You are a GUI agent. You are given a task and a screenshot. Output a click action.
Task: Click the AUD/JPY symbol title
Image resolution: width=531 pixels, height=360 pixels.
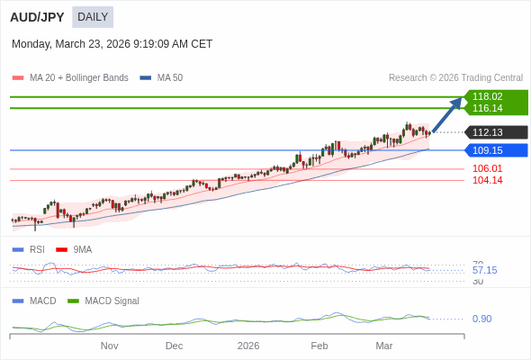tap(37, 17)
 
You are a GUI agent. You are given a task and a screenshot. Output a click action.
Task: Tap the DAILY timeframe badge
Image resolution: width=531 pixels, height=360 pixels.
tap(93, 17)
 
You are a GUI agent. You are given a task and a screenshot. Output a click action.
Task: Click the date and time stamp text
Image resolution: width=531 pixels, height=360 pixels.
tap(112, 44)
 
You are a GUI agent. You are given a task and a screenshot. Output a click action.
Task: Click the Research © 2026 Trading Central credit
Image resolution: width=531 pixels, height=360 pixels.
tap(455, 78)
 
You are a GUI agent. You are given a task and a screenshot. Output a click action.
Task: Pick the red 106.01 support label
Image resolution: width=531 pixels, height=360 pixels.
tap(487, 168)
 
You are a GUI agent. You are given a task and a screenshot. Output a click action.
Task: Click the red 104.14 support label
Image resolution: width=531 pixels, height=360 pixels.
tap(487, 180)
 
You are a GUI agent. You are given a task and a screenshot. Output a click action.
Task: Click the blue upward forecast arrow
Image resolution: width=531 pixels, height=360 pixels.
tap(447, 114)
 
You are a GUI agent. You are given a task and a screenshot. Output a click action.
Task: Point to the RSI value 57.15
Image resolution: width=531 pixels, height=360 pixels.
tap(484, 270)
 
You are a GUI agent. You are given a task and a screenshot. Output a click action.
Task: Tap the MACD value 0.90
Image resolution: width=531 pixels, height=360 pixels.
tap(481, 319)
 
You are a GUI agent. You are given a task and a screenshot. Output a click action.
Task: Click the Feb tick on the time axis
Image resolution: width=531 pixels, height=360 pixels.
tap(319, 346)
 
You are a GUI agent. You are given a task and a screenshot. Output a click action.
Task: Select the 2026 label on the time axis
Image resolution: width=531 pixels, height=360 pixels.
tap(248, 346)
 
